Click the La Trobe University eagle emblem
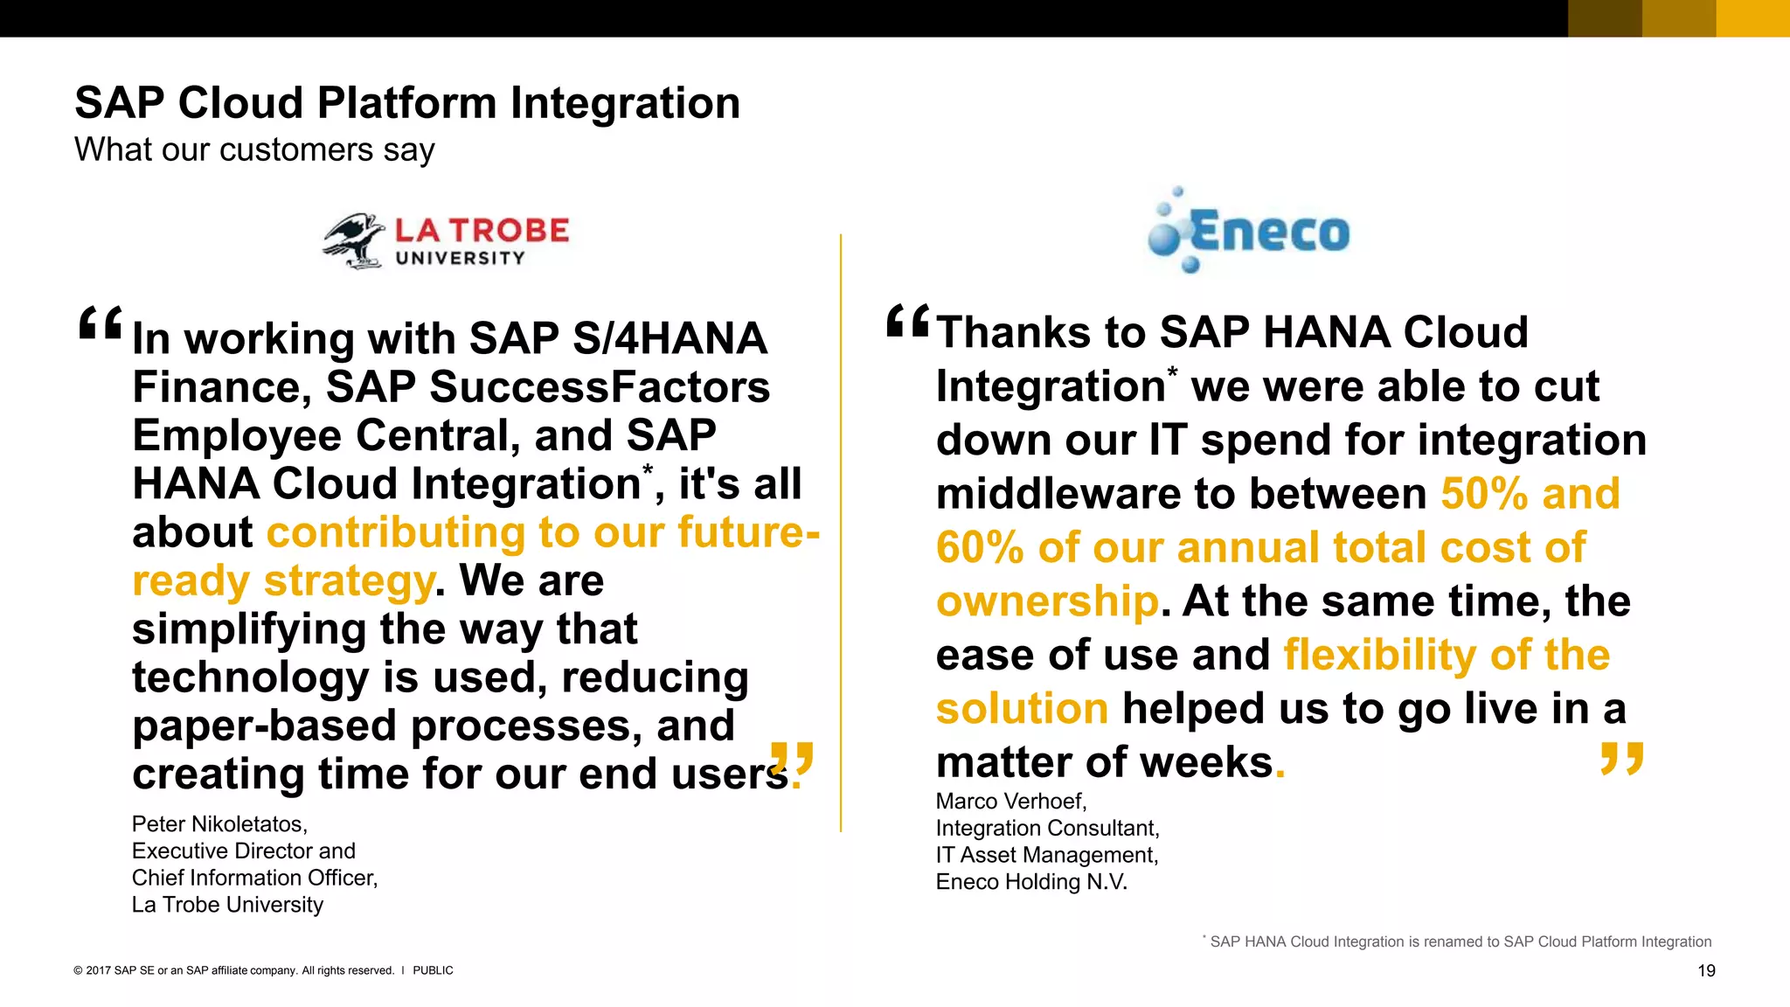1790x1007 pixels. tap(354, 240)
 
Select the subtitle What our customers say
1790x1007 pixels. tap(254, 149)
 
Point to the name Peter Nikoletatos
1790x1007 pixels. tap(219, 824)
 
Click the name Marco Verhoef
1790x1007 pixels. tap(1010, 802)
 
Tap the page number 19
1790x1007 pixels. tap(1706, 970)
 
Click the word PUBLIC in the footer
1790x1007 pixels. tap(433, 970)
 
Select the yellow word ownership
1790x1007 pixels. tap(1047, 601)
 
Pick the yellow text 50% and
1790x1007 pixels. tap(1530, 494)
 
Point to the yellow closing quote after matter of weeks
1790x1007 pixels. tap(1622, 758)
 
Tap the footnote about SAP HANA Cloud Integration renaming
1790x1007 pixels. tap(1458, 941)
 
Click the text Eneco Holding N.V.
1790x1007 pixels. tap(1031, 882)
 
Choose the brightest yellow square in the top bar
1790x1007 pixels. tap(1752, 18)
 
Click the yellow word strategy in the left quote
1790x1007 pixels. tap(349, 581)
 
